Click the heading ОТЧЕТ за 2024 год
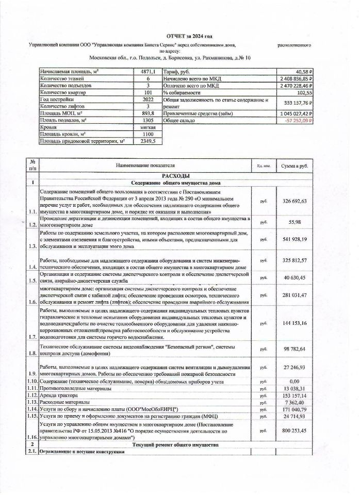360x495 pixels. pos(189,37)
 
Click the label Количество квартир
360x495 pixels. pos(63,92)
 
